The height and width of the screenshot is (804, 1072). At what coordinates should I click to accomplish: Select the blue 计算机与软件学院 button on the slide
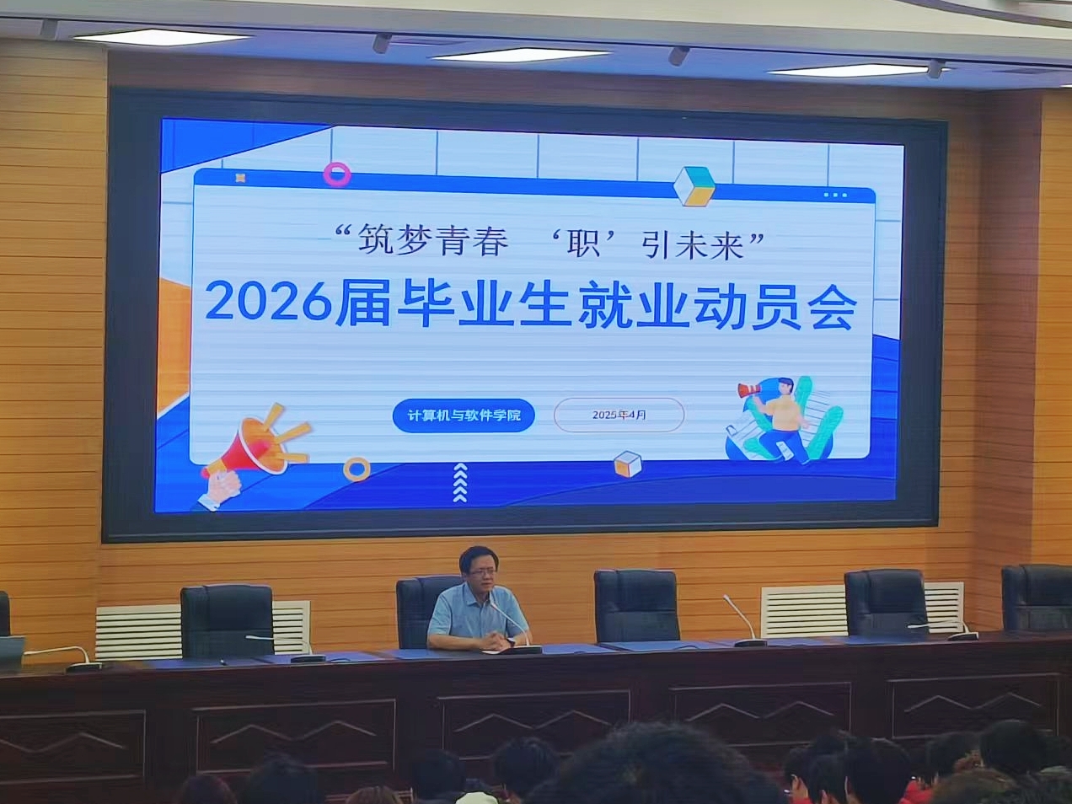click(464, 416)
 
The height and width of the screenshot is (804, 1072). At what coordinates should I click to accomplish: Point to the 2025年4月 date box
click(619, 415)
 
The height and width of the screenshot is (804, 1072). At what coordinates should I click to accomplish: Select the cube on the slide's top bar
click(694, 186)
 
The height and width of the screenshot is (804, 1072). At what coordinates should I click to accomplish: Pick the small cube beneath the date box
click(628, 464)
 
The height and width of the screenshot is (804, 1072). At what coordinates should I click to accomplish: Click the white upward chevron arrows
click(460, 483)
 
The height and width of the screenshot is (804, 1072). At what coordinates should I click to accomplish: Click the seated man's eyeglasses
click(480, 572)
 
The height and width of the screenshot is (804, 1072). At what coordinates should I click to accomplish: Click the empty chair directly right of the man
click(636, 605)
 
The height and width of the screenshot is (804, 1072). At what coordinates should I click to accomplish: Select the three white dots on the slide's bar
click(836, 196)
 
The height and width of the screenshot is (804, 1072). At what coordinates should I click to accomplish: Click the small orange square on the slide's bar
click(240, 178)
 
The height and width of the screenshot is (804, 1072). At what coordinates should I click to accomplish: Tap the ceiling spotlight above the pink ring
click(382, 42)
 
